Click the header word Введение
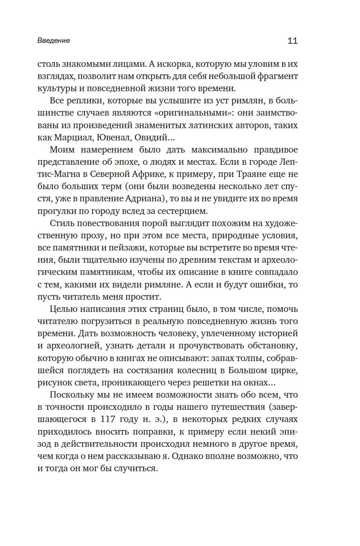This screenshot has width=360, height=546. tap(53, 41)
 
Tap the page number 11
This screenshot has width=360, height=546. tap(292, 41)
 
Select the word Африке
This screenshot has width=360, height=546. tap(160, 174)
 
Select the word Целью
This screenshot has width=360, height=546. tap(63, 309)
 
